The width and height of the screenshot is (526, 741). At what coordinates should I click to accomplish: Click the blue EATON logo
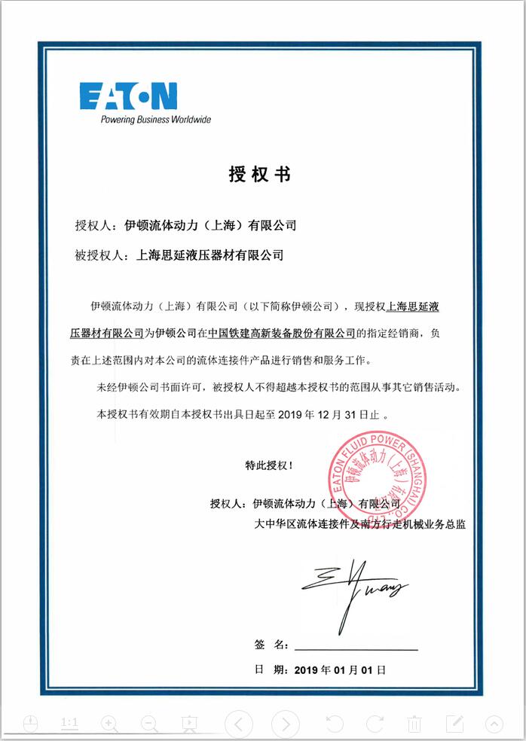pos(128,96)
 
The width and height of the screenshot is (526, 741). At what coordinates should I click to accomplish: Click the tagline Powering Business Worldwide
pos(156,120)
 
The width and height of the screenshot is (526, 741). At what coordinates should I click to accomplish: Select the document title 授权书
pos(258,174)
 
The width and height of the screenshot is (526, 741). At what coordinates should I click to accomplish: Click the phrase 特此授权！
pos(269,466)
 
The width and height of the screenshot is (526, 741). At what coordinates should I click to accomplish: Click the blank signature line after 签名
pos(356,645)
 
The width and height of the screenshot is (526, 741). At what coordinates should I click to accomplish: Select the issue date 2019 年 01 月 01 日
pos(340,669)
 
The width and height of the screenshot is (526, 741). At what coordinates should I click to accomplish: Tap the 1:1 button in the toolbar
pos(69,723)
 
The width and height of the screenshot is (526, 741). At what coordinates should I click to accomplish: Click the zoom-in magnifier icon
pos(109,724)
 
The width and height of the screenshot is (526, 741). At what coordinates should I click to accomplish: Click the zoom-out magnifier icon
pos(149,724)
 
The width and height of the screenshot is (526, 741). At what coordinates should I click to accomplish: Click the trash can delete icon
pos(414,724)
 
